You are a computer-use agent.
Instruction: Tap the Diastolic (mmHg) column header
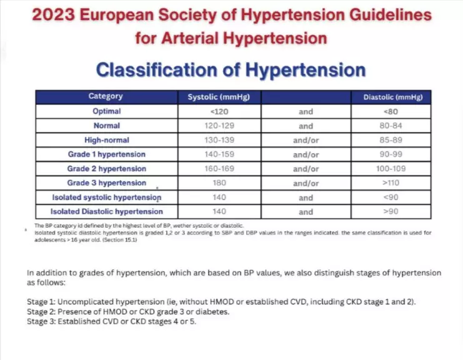click(x=392, y=97)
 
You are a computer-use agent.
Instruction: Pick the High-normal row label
click(x=106, y=140)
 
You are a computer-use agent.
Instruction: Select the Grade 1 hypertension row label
click(x=106, y=154)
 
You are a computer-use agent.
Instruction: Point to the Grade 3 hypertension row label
click(x=106, y=183)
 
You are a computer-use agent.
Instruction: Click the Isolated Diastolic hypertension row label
click(x=106, y=212)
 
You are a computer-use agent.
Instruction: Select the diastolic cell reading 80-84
click(x=392, y=126)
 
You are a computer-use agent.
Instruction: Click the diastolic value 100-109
click(x=392, y=169)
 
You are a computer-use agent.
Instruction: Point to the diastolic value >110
click(x=392, y=183)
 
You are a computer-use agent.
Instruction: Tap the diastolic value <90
click(x=392, y=197)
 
